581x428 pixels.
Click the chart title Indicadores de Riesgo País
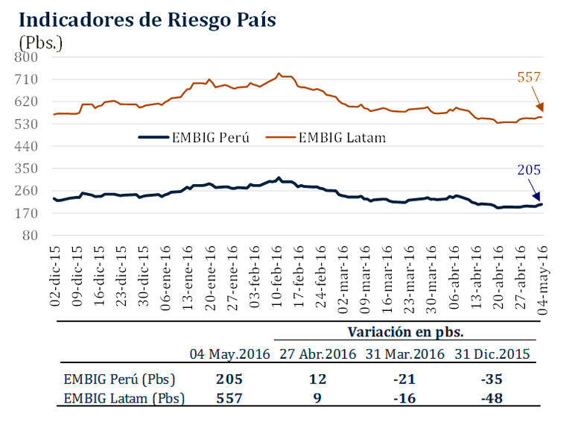[x=147, y=20]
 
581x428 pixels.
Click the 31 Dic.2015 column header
[x=492, y=353]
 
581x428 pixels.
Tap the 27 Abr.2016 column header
[x=317, y=353]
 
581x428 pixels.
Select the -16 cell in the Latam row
[x=405, y=398]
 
